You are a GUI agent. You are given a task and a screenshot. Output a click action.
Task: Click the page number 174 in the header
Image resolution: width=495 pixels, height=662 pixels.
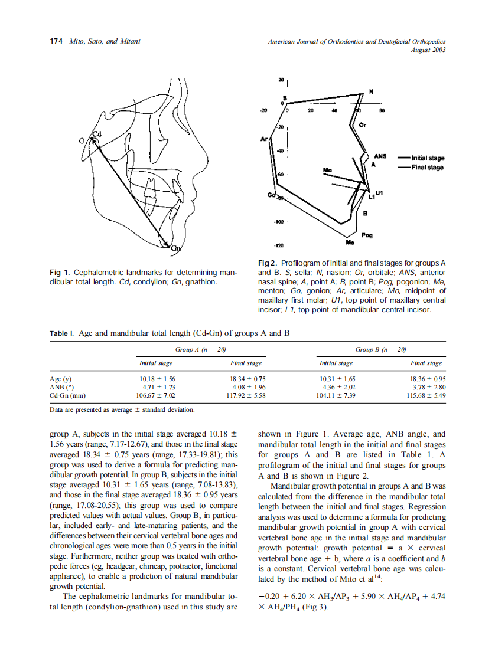tap(56, 41)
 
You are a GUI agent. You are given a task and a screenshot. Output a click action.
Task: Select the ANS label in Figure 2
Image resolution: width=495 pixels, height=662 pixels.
tap(380, 156)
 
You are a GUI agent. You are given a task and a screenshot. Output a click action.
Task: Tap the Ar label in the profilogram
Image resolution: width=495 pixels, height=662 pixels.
tap(263, 139)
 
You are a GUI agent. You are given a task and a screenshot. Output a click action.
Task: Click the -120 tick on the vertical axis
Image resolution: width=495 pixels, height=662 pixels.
tap(279, 245)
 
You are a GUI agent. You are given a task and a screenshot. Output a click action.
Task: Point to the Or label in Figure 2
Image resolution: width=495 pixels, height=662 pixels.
tap(363, 125)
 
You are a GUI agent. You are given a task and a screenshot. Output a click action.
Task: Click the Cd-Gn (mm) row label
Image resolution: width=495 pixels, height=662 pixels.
tap(68, 395)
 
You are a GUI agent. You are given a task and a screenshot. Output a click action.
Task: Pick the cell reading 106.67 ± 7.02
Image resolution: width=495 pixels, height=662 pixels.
tap(157, 395)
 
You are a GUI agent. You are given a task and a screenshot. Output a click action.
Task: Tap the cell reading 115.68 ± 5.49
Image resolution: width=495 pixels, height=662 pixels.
tap(426, 395)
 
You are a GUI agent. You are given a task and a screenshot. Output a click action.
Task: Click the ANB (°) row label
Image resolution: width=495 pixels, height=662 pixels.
tap(63, 387)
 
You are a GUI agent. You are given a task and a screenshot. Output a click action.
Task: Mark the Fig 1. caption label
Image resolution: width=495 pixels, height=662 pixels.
tap(60, 273)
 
